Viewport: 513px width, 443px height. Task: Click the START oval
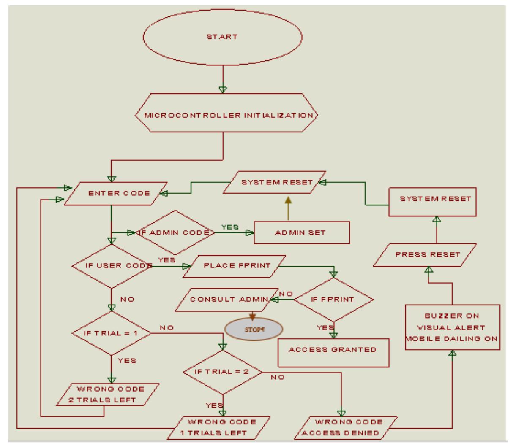(222, 37)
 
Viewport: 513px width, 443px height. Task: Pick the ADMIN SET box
(301, 233)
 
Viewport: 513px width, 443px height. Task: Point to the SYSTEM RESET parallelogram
(275, 183)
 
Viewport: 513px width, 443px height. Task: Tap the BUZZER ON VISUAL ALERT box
(452, 327)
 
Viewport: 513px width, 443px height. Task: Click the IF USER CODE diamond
(112, 266)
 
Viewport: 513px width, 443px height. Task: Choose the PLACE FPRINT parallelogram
(234, 266)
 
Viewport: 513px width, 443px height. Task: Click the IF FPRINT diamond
(333, 300)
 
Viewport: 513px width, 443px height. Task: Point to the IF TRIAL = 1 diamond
(112, 333)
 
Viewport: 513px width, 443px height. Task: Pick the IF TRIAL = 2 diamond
(222, 373)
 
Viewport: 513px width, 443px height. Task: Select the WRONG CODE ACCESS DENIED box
(349, 427)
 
